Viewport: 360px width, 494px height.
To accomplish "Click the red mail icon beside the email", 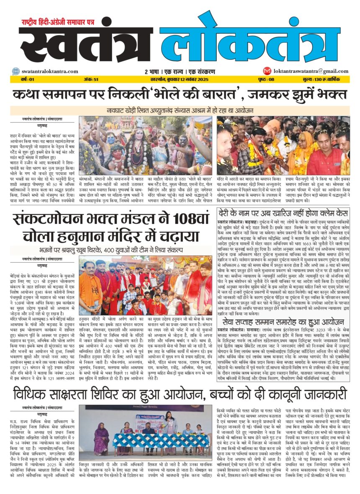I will (x=267, y=71).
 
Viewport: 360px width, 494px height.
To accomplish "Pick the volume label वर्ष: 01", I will (x=24, y=79).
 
